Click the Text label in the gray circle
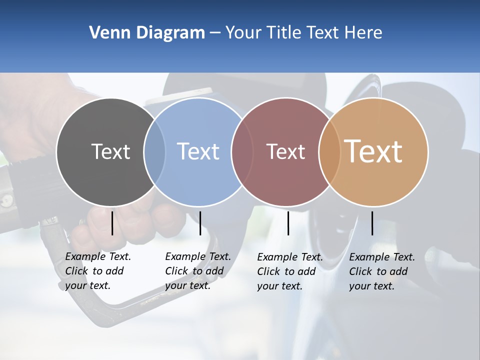click(x=110, y=151)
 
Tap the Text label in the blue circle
click(x=198, y=151)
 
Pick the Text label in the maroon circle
click(x=285, y=151)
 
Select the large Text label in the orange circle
click(x=373, y=151)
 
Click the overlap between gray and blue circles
click(x=154, y=152)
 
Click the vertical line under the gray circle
click(x=112, y=223)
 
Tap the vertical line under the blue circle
click(x=200, y=223)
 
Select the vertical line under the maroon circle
click(x=288, y=223)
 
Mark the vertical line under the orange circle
click(x=372, y=223)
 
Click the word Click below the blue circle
click(x=177, y=271)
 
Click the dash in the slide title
click(x=214, y=33)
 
